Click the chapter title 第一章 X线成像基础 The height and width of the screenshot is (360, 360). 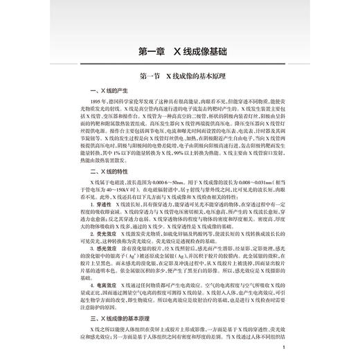click(x=181, y=50)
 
